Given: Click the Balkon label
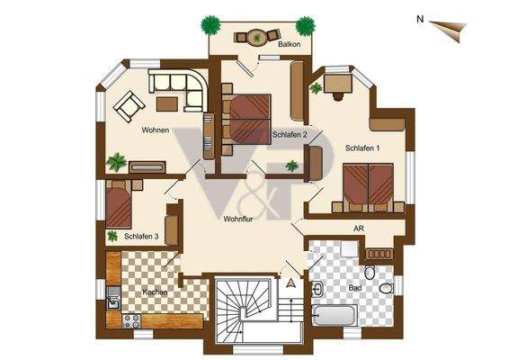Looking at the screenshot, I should tap(289, 44).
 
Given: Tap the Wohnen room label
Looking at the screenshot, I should tap(155, 130).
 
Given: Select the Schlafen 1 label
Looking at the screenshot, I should tap(362, 148).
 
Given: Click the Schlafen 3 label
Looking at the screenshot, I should tap(142, 237).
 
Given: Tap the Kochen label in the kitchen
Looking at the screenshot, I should tap(156, 292).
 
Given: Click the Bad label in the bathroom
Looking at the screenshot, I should tap(355, 287).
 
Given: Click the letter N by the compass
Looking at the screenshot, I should tap(420, 17).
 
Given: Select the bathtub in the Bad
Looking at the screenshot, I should tap(335, 316).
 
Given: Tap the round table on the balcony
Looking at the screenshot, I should tap(255, 37).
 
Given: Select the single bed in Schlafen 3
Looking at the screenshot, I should tap(120, 204).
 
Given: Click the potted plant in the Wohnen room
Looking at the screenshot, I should tap(116, 163).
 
